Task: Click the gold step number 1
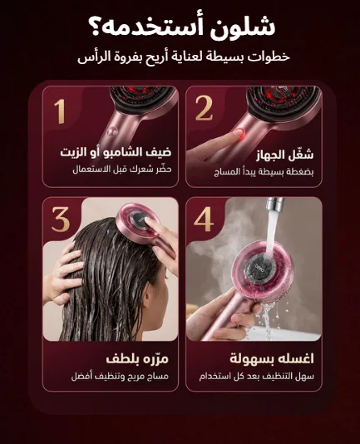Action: pyautogui.click(x=60, y=111)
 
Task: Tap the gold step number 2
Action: pyautogui.click(x=204, y=108)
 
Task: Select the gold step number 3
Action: pyautogui.click(x=61, y=220)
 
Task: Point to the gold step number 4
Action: pyautogui.click(x=204, y=220)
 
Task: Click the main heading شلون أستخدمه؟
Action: pyautogui.click(x=181, y=27)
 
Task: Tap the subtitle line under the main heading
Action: pyautogui.click(x=184, y=57)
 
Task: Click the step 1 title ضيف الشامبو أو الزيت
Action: pyautogui.click(x=116, y=153)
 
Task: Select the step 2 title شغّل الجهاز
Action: pyautogui.click(x=284, y=155)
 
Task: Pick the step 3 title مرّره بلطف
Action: pyautogui.click(x=137, y=358)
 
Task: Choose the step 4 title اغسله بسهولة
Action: pyautogui.click(x=272, y=358)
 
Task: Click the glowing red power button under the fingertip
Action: pyautogui.click(x=239, y=132)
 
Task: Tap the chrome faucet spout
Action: pyautogui.click(x=275, y=204)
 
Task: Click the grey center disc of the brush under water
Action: pyautogui.click(x=257, y=267)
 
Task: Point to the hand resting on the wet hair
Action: pyautogui.click(x=65, y=273)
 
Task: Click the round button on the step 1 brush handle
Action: pyautogui.click(x=111, y=131)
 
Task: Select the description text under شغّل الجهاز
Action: pyautogui.click(x=264, y=171)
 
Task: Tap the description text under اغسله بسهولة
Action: pyautogui.click(x=257, y=377)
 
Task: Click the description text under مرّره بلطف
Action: pyautogui.click(x=120, y=377)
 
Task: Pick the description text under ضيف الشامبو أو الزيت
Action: pyautogui.click(x=122, y=170)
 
